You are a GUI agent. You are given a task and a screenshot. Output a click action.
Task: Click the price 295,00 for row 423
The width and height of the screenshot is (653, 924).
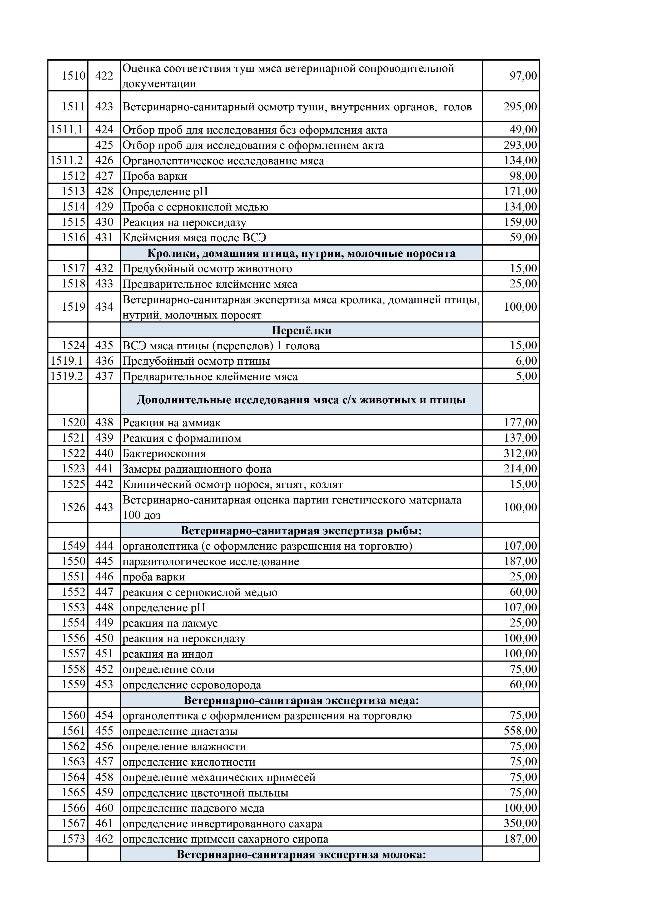520,107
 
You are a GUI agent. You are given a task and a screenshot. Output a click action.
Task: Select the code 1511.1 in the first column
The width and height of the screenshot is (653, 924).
66,130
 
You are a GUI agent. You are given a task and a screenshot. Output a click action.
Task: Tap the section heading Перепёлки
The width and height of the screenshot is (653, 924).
301,330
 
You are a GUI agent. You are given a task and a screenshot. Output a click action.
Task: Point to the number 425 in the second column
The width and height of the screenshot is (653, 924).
104,145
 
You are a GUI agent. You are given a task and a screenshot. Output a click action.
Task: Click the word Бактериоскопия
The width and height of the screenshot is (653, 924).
164,453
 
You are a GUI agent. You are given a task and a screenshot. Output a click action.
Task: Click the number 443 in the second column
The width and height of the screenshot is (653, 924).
104,507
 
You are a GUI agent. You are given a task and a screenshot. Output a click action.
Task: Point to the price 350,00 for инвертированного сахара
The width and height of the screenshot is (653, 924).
520,823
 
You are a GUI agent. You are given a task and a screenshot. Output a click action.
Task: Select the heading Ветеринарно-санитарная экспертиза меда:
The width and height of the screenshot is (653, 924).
301,700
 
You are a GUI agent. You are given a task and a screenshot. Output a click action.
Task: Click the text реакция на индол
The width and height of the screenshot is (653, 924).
167,654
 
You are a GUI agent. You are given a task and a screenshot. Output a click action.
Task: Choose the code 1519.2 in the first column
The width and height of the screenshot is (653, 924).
66,376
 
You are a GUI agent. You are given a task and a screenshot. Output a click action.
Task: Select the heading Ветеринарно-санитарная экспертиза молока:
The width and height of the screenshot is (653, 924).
301,854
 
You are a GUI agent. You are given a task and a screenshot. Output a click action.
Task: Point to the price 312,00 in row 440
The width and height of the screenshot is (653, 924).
520,453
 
